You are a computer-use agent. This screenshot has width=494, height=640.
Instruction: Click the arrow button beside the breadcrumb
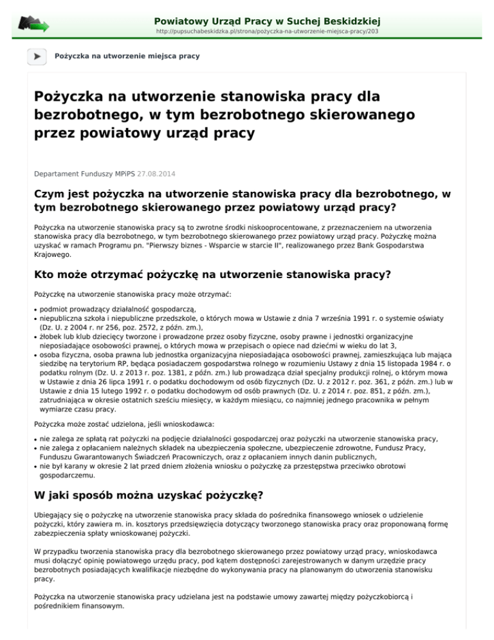[x=37, y=56]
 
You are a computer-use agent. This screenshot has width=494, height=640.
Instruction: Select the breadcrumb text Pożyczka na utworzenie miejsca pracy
[x=127, y=57]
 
